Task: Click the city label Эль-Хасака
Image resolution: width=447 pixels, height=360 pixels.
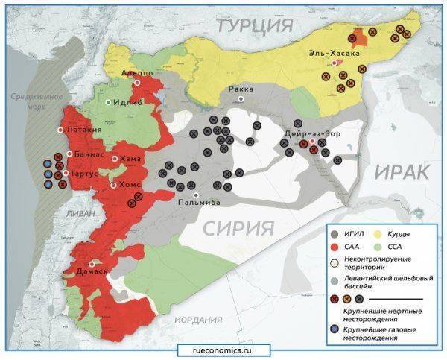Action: (335, 54)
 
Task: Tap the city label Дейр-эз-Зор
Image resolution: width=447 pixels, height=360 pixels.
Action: (313, 133)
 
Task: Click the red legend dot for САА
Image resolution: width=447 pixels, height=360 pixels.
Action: (336, 248)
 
